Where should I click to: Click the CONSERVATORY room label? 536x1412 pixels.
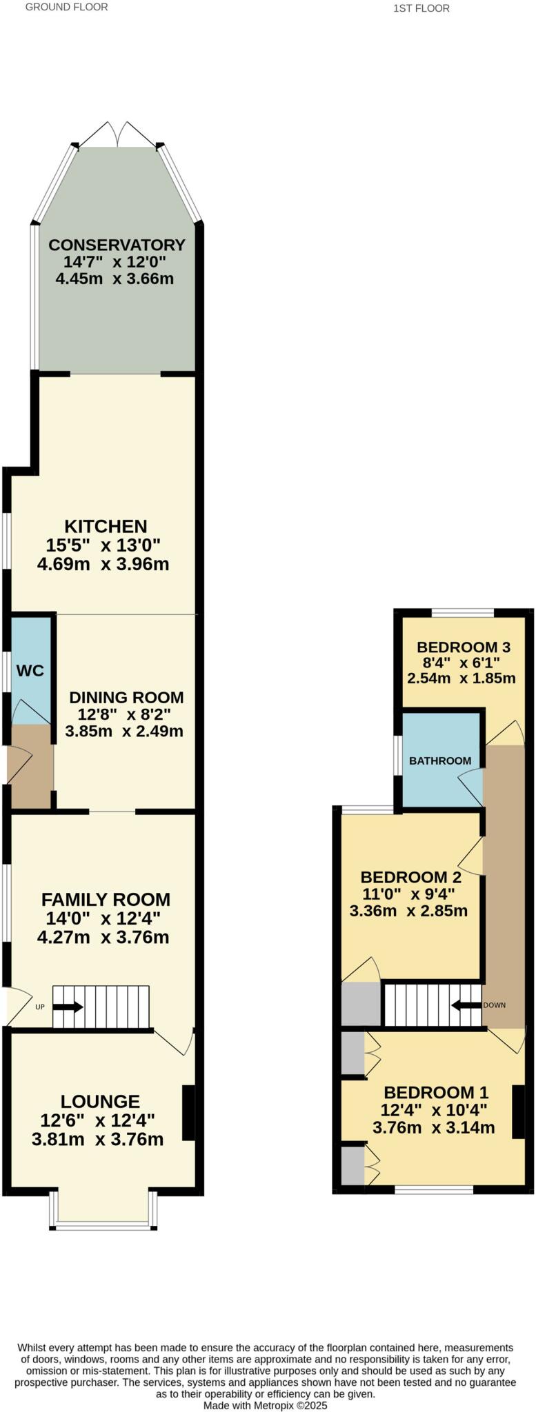(x=117, y=245)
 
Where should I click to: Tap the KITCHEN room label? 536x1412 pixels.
(x=106, y=526)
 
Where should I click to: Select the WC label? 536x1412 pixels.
(x=30, y=671)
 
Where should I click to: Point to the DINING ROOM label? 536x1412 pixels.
(x=126, y=697)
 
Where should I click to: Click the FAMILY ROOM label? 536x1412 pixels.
(x=106, y=899)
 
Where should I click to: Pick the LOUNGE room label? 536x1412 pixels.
(x=100, y=1102)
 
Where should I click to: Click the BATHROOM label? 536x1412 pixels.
(x=440, y=760)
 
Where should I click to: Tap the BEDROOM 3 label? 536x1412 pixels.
(x=463, y=647)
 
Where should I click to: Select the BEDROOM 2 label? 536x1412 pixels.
(x=410, y=877)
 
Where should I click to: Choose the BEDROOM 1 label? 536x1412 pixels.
(x=436, y=1092)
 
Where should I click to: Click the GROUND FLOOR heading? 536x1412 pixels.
(x=67, y=7)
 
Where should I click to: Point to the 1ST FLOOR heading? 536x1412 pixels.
(x=421, y=8)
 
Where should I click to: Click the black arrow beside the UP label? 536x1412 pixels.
(x=68, y=1007)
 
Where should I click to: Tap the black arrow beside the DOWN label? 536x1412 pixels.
(x=466, y=1005)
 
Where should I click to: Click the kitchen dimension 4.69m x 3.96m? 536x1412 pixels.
(x=103, y=564)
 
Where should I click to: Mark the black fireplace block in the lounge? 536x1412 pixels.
(x=188, y=1113)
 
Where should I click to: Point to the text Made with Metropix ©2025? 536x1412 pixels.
(x=265, y=1404)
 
